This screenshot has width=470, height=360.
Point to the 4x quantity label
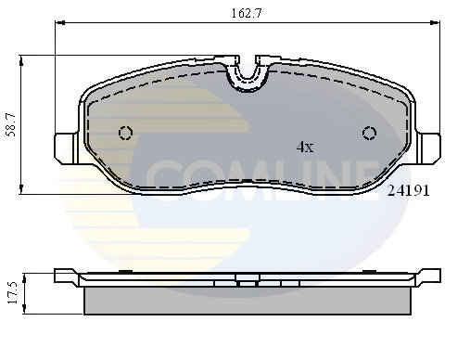(x=304, y=147)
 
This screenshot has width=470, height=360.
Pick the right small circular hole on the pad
(x=369, y=132)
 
